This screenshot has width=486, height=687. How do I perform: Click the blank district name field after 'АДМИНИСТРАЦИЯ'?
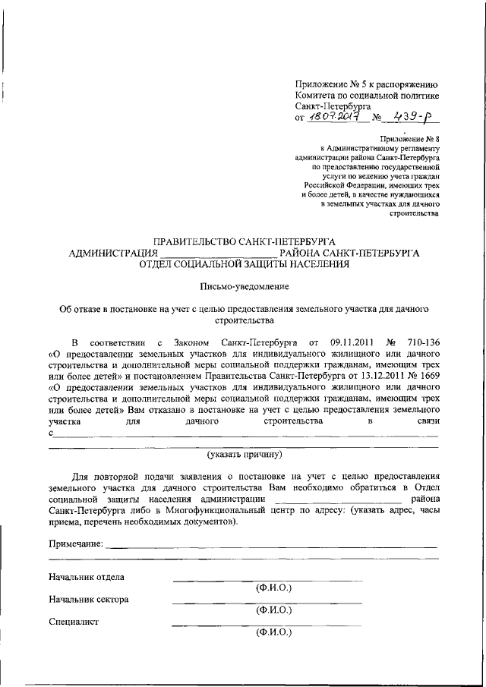(218, 254)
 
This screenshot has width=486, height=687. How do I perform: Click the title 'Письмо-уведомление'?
(244, 286)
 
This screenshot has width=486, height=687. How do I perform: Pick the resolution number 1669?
(427, 375)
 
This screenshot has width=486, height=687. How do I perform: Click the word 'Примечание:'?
(74, 544)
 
